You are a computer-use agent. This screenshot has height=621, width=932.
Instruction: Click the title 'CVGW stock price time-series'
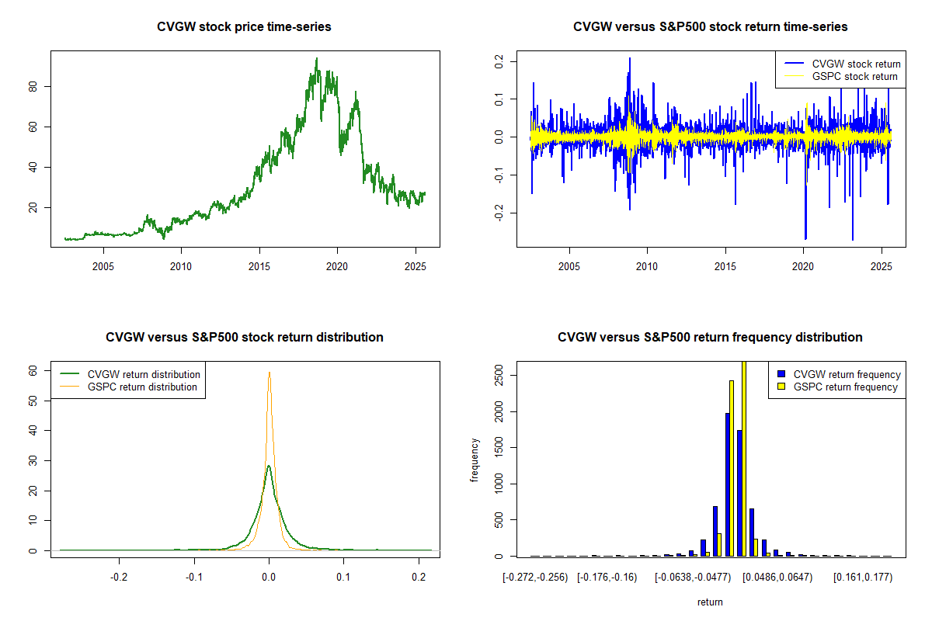click(x=245, y=27)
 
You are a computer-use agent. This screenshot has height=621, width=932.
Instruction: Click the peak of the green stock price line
click(x=317, y=59)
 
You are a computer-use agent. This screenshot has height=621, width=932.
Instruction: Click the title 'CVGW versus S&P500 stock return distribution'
click(x=245, y=338)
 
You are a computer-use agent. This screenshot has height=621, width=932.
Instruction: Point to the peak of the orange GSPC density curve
click(x=270, y=373)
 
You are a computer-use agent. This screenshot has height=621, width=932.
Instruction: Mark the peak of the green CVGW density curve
click(x=269, y=467)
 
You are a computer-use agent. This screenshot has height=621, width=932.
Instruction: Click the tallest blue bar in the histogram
click(x=728, y=484)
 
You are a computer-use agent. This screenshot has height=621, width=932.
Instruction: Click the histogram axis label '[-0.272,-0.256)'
click(x=535, y=577)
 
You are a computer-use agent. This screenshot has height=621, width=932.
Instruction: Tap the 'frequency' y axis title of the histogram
click(x=475, y=460)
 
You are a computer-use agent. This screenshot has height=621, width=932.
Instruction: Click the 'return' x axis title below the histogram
click(x=710, y=602)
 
